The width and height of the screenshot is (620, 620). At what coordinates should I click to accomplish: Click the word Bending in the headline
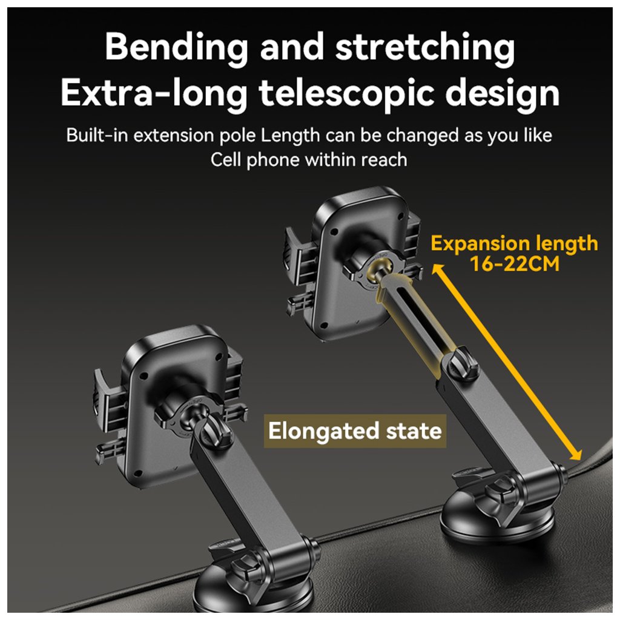click(x=176, y=48)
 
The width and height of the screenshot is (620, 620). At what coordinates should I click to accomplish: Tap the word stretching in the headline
click(x=425, y=48)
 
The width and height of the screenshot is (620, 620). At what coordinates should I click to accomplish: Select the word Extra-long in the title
click(x=154, y=94)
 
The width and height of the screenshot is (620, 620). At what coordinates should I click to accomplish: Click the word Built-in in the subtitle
click(x=97, y=135)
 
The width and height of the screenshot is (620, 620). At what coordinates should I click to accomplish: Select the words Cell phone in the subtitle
click(x=255, y=160)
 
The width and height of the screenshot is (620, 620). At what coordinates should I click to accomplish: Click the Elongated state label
click(x=355, y=432)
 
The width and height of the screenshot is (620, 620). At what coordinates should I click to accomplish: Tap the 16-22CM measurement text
click(x=514, y=265)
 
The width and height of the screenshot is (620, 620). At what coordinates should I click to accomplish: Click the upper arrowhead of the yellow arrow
click(x=437, y=268)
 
